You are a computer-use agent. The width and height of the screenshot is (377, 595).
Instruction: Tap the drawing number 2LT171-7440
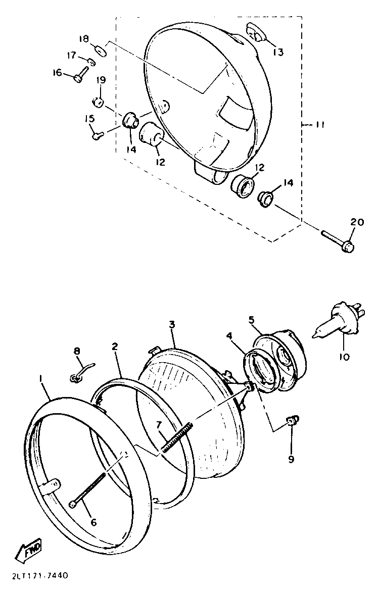(x=38, y=576)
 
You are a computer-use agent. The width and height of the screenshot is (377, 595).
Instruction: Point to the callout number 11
(x=319, y=125)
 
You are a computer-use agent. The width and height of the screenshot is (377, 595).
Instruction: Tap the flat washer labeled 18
(x=101, y=51)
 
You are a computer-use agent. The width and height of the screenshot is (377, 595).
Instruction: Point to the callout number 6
(x=93, y=522)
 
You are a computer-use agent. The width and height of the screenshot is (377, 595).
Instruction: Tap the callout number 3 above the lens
(x=172, y=324)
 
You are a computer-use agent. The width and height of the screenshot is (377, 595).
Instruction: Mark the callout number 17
(x=71, y=55)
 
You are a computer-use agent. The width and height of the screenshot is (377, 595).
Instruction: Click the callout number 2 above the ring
(x=115, y=346)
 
